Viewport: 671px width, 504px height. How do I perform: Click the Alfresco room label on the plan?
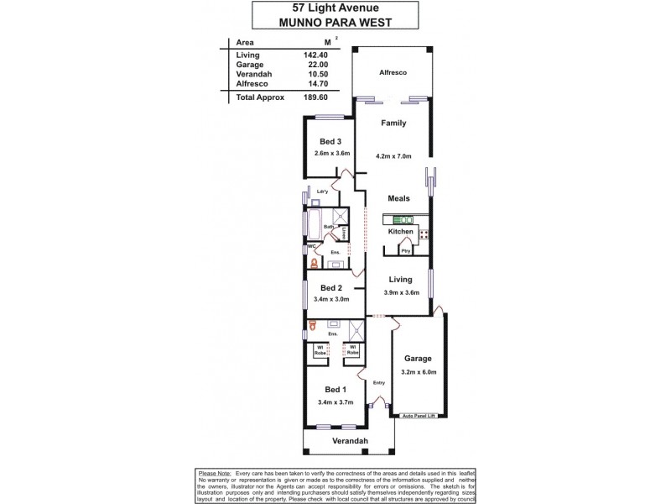[x=393, y=74]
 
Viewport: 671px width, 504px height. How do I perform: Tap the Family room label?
[x=393, y=123]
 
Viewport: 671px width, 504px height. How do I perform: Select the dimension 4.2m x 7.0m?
[x=393, y=156]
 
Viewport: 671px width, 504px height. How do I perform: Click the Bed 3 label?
[x=330, y=141]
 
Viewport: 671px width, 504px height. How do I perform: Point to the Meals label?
[x=398, y=199]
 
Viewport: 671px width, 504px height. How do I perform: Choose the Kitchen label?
[x=398, y=230]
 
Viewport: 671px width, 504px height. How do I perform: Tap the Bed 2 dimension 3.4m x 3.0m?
[x=331, y=299]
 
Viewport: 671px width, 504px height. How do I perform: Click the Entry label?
[x=379, y=383]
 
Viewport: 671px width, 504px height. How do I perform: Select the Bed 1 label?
[x=333, y=390]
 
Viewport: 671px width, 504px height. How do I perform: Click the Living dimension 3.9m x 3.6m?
[x=398, y=292]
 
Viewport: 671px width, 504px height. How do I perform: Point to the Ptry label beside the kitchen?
[x=405, y=250]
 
